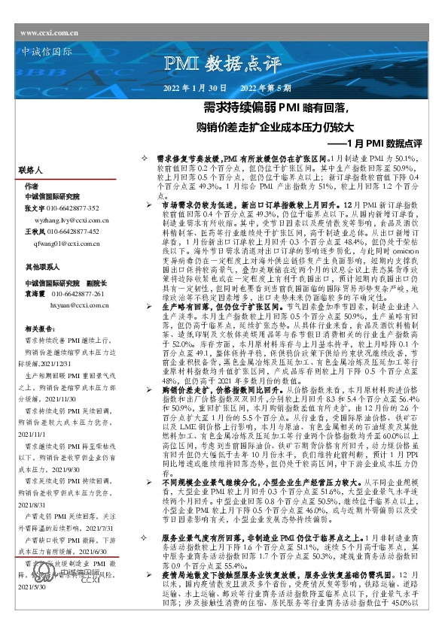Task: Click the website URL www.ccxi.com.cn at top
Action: point(50,34)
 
